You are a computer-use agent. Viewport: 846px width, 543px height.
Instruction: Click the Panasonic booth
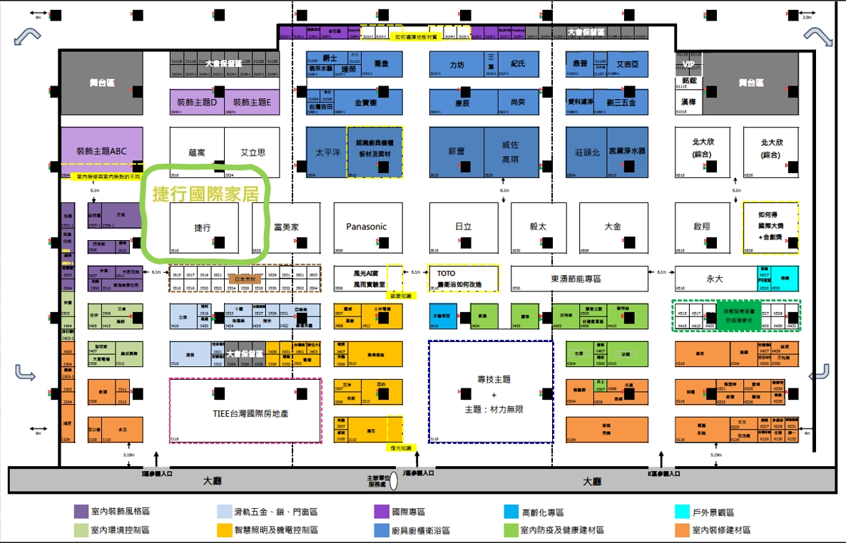pos(366,227)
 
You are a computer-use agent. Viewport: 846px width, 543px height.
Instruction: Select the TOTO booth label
pos(447,274)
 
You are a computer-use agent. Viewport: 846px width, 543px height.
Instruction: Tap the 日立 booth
pos(463,227)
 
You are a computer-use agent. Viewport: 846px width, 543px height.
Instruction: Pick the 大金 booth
pos(612,227)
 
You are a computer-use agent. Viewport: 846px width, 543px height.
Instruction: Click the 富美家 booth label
pos(286,227)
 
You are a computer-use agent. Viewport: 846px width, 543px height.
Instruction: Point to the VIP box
pos(688,64)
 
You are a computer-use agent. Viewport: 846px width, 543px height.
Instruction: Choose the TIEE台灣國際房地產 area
pos(245,413)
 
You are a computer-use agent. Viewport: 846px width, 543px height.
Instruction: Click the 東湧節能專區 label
pos(576,279)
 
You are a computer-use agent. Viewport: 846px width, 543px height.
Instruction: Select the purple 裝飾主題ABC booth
pos(101,151)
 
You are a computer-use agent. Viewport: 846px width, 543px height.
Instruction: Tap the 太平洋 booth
pos(327,152)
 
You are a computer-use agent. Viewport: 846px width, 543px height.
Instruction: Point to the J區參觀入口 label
pos(418,472)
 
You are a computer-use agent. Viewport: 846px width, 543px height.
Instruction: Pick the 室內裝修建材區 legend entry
pos(720,530)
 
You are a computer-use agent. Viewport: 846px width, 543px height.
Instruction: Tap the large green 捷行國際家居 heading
pos(203,193)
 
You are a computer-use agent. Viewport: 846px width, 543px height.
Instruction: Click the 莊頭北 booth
pos(587,151)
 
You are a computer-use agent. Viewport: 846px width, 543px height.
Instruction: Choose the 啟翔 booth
pos(702,227)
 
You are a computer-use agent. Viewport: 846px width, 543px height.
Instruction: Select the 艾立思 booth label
pos(253,152)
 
